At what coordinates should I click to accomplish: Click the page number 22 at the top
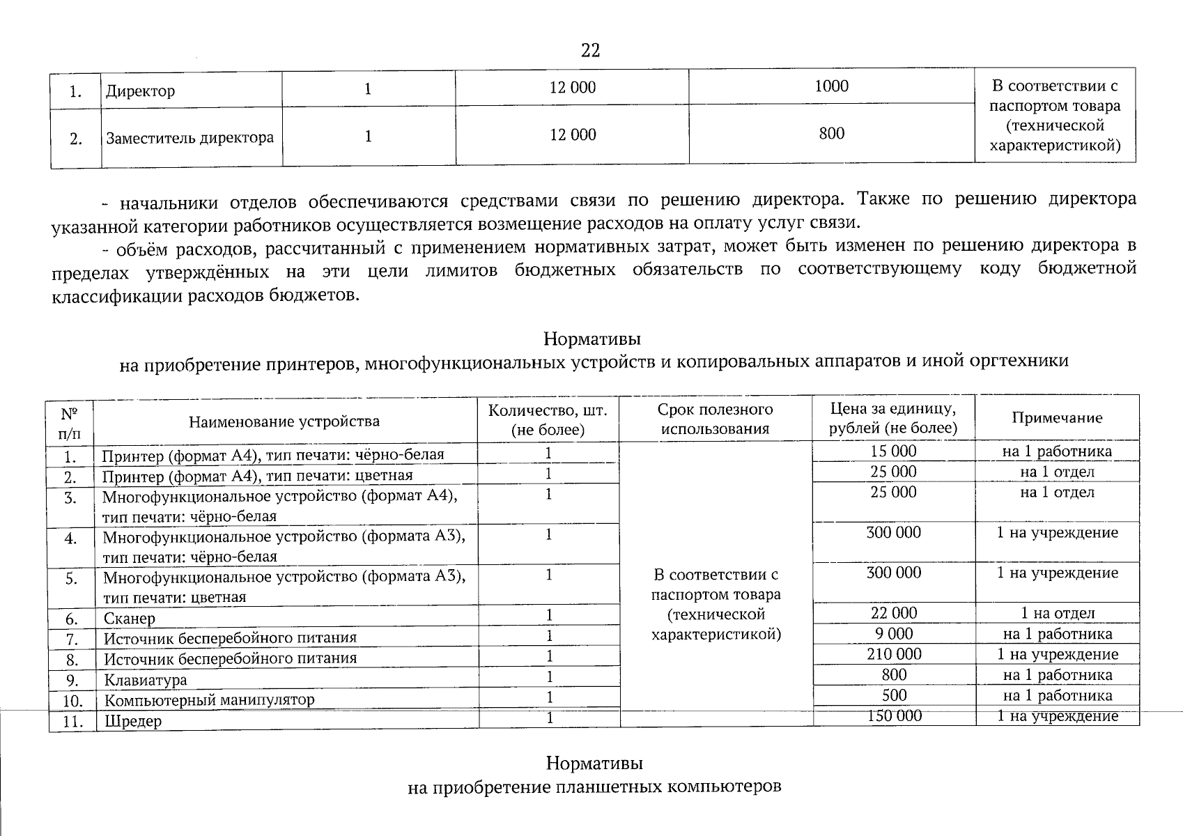tap(589, 51)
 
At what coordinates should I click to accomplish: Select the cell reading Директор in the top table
tap(141, 91)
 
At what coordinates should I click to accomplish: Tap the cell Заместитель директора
tap(190, 138)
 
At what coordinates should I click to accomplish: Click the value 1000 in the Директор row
tap(832, 86)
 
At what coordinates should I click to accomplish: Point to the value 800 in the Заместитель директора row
tap(832, 133)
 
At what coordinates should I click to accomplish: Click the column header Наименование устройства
tap(284, 421)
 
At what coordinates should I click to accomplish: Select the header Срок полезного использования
tap(715, 419)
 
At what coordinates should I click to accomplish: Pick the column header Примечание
tap(1056, 418)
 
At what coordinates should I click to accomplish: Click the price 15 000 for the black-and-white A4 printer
tap(893, 451)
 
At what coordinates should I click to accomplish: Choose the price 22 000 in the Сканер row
tap(893, 613)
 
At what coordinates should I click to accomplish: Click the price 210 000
tap(893, 654)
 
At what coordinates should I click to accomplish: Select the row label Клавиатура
tap(146, 680)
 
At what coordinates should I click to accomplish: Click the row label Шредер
tap(132, 721)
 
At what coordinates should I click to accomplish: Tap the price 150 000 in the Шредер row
tap(893, 716)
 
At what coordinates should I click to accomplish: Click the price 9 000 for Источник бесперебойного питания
tap(893, 634)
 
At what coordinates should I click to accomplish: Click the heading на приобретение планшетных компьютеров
tap(594, 787)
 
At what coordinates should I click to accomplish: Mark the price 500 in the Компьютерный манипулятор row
tap(893, 695)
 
